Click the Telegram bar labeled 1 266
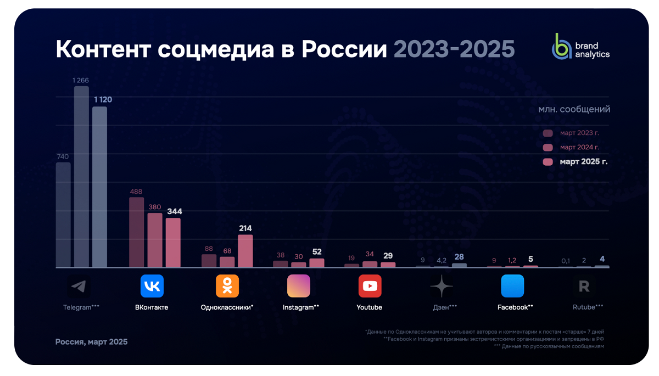coord(81,177)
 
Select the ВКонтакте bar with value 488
coord(136,232)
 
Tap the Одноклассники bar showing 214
coord(245,251)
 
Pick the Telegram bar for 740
coord(63,215)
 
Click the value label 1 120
coord(103,99)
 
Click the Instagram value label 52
coord(317,252)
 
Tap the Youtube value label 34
coord(370,254)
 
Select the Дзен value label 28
coord(459,257)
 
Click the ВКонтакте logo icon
coord(152,286)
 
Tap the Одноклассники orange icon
coord(227,286)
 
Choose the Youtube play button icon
coord(370,286)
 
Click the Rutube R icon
coord(584,286)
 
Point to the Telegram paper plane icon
coord(79,286)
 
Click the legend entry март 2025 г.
coord(583,162)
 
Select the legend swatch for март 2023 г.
coord(548,133)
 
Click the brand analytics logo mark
coord(562,47)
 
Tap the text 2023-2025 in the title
coord(454,49)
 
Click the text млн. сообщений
coord(574,109)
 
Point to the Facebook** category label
coord(515,307)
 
